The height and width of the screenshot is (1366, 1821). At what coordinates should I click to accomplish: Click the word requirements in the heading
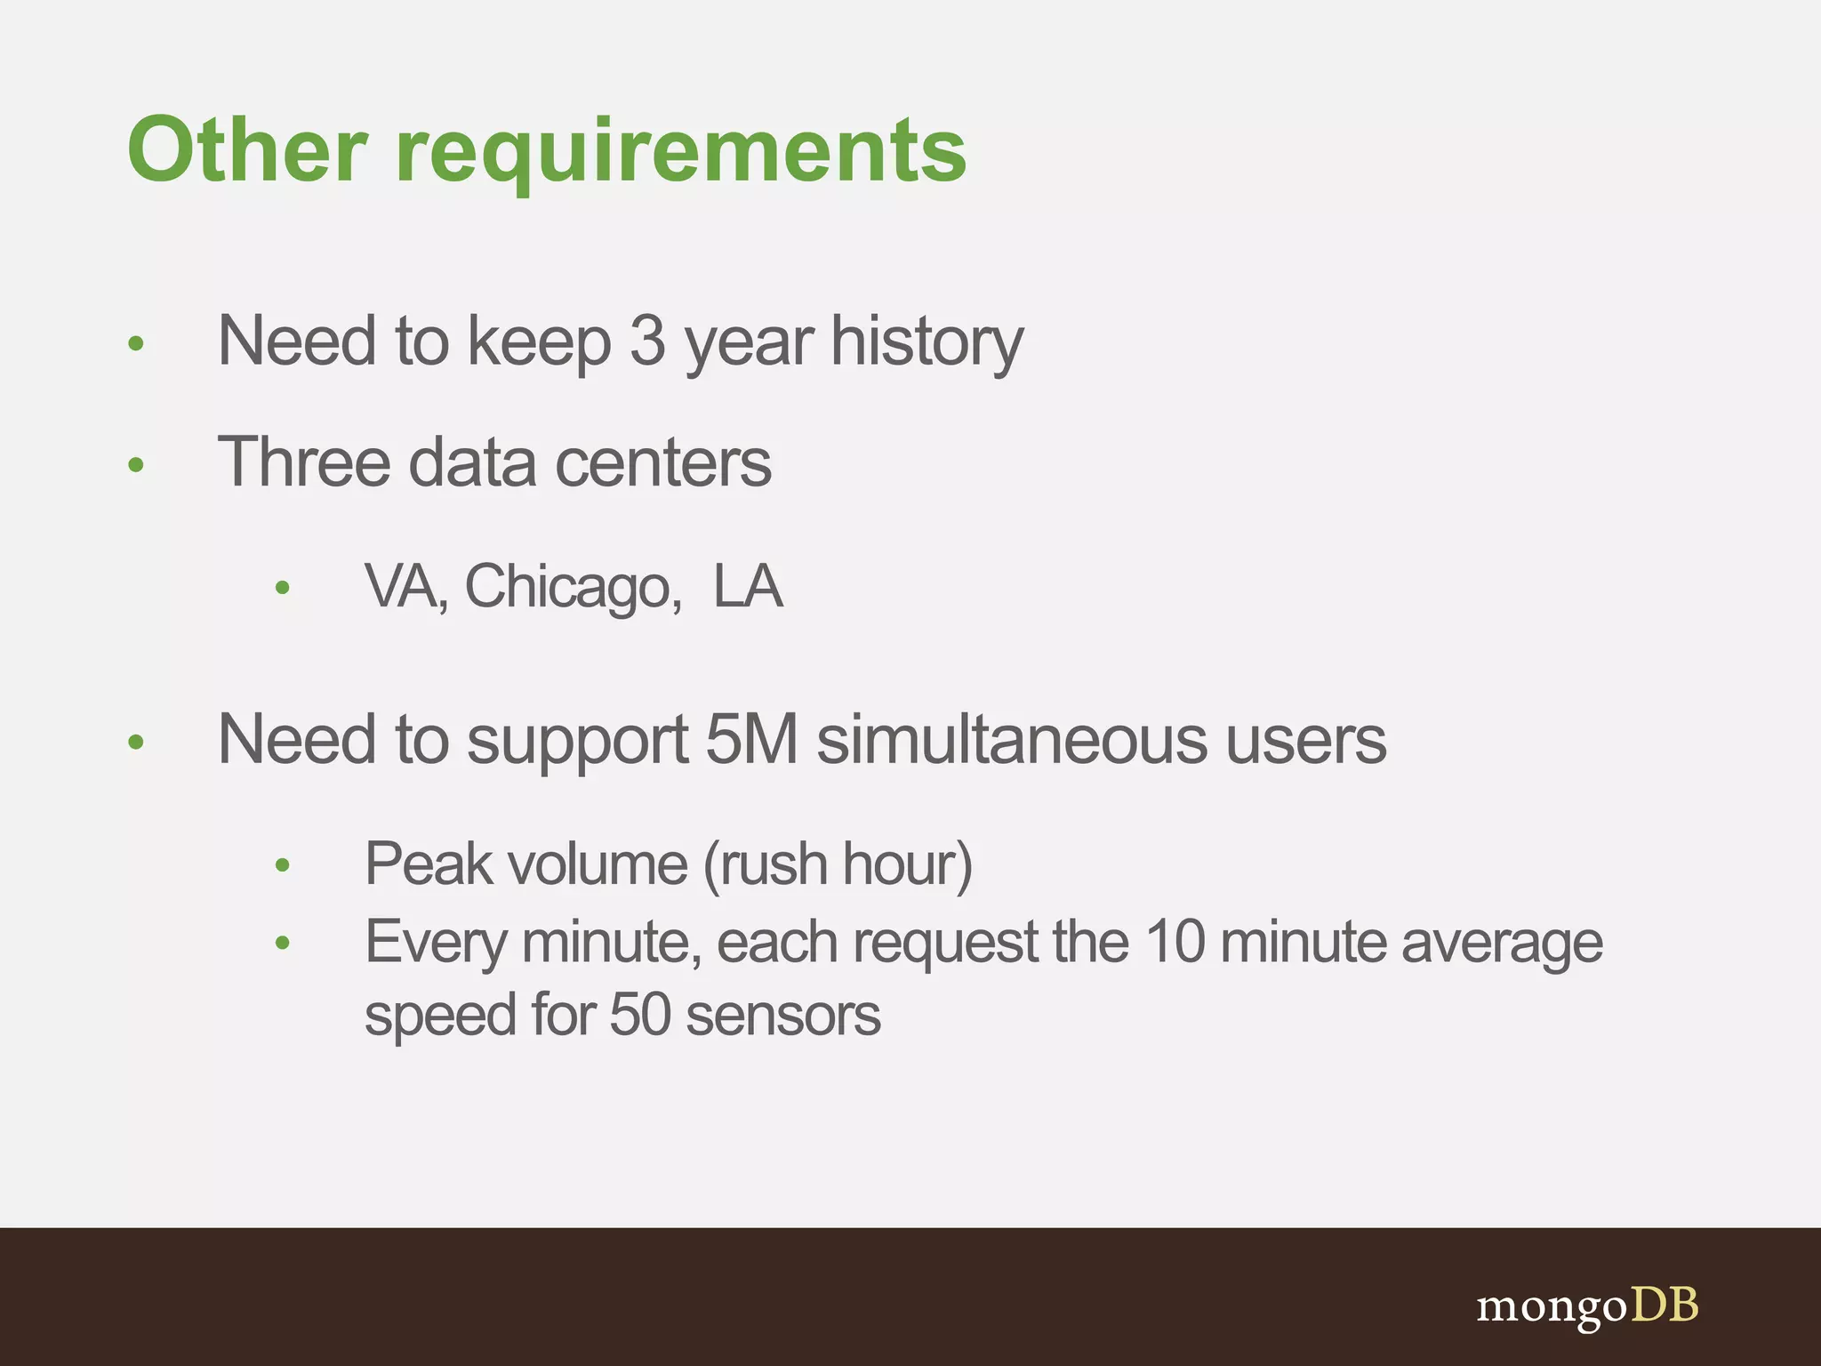tap(680, 153)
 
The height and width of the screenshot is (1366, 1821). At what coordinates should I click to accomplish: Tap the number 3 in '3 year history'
tap(647, 341)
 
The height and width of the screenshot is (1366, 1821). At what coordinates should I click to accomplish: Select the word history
tap(927, 342)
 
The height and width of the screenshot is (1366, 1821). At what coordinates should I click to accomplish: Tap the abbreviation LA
tap(748, 587)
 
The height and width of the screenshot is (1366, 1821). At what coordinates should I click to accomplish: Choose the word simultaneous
tap(1012, 740)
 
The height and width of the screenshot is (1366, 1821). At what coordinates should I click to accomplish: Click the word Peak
tap(429, 864)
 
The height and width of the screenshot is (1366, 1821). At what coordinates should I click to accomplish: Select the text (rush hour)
tap(838, 864)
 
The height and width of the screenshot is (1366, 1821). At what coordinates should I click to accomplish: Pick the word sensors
tap(783, 1016)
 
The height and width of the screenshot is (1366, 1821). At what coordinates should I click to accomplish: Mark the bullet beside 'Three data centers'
tap(136, 464)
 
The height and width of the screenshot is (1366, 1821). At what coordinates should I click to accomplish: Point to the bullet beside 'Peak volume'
tap(283, 865)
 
